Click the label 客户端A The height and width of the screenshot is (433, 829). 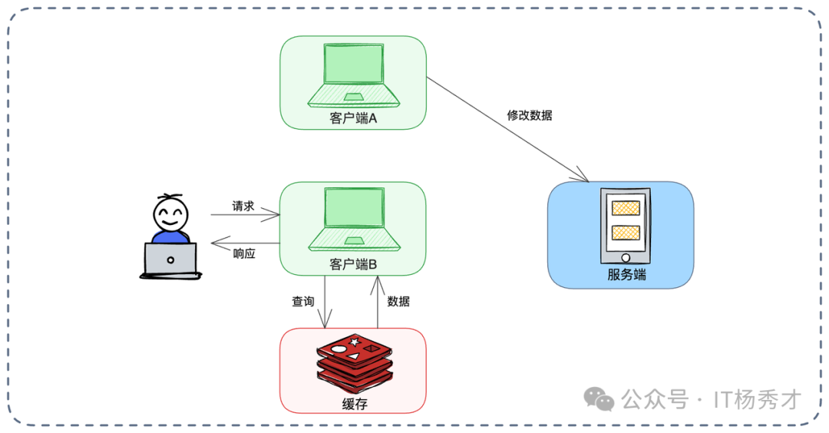pos(353,119)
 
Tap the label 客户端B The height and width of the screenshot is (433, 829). pos(353,265)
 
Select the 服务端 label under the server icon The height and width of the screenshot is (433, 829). pos(626,274)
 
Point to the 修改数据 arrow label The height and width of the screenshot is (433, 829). pos(530,115)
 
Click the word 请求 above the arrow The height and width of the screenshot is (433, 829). pos(243,207)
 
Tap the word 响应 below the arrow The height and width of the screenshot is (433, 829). pos(244,253)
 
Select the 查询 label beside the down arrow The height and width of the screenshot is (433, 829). pos(302,302)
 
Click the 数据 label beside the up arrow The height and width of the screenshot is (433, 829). pos(398,302)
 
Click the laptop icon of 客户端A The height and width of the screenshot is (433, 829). pos(353,74)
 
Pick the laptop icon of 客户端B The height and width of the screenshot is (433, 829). pos(353,220)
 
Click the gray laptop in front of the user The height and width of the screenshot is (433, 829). pos(170,259)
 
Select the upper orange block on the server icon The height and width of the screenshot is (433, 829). pos(626,207)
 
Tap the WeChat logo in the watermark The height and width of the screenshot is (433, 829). pos(599,398)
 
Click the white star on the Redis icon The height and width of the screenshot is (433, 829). pos(355,341)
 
